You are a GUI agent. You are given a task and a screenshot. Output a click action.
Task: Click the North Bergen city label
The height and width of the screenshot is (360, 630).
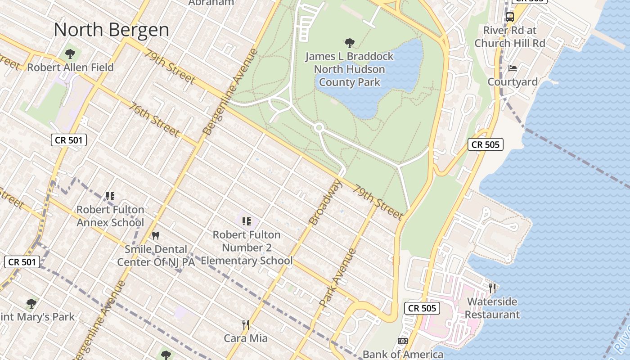111,30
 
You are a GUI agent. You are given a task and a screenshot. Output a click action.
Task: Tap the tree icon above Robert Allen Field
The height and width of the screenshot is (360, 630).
70,54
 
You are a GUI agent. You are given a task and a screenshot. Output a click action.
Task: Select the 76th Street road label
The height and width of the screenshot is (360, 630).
154,119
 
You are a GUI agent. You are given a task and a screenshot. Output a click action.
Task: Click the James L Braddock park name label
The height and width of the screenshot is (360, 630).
349,69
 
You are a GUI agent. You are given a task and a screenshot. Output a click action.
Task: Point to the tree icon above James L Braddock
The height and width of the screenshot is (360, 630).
349,43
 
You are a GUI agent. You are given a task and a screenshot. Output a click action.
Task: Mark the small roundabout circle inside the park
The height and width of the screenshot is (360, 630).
319,128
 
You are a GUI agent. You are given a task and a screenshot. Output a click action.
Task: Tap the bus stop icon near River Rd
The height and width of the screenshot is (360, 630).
509,17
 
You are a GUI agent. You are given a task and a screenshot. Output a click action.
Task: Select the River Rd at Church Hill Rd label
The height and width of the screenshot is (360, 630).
509,37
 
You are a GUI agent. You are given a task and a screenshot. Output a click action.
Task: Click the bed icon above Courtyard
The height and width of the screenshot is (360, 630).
513,68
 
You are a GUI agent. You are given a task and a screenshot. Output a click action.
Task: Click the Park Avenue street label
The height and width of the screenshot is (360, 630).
338,278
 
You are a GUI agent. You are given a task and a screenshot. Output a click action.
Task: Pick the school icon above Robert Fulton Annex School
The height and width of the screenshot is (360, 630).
110,196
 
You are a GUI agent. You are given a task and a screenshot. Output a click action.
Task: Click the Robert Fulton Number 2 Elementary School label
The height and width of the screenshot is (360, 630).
247,247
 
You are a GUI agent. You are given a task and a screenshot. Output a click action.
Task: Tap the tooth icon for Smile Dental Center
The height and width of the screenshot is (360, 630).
156,235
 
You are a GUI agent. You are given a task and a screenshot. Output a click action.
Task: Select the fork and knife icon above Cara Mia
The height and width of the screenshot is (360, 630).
246,324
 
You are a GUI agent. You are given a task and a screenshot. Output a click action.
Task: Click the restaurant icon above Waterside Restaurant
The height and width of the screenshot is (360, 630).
492,288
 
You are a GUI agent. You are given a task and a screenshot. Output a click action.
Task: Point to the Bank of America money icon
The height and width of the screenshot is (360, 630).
403,341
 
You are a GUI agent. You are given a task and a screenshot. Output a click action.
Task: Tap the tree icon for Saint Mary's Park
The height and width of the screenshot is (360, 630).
31,303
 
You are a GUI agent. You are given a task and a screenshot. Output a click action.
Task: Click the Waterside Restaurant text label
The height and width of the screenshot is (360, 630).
492,308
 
